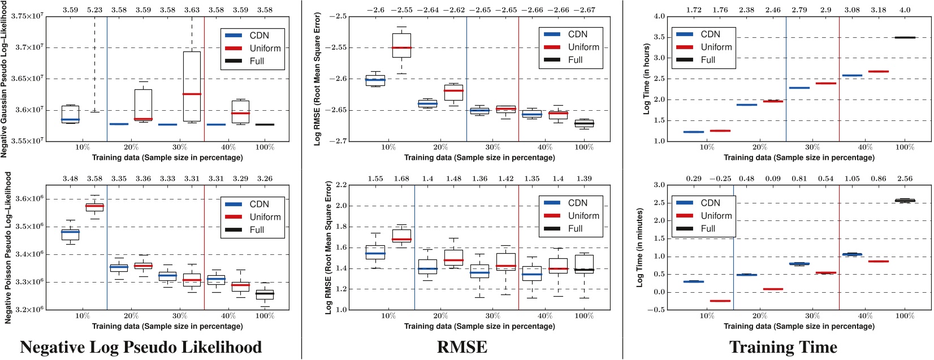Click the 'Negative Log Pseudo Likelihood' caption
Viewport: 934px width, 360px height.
tap(141, 347)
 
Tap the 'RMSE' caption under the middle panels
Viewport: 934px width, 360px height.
tap(462, 347)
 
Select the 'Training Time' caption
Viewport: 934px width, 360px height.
tap(783, 347)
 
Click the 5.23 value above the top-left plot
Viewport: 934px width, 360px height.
tap(94, 10)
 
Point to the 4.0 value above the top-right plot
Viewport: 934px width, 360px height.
tap(905, 10)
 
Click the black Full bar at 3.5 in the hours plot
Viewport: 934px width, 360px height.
tap(905, 37)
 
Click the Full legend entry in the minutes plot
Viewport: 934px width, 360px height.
tap(708, 228)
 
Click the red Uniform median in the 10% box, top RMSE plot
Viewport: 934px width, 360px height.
tap(402, 47)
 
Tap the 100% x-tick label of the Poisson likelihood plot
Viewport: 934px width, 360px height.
tap(265, 315)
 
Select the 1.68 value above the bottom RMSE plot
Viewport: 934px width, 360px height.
tap(401, 179)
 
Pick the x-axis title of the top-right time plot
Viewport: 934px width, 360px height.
tap(799, 157)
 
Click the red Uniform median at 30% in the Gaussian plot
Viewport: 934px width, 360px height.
tap(192, 94)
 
